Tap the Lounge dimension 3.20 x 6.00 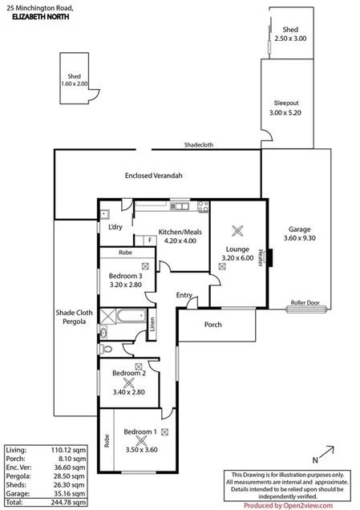coord(237,257)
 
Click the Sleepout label coord(285,103)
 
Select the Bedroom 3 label coord(125,276)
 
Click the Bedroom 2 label coord(128,373)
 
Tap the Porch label coord(213,325)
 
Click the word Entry coord(184,295)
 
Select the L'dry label coord(115,227)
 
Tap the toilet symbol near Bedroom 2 coord(107,349)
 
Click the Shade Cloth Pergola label coord(70,318)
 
